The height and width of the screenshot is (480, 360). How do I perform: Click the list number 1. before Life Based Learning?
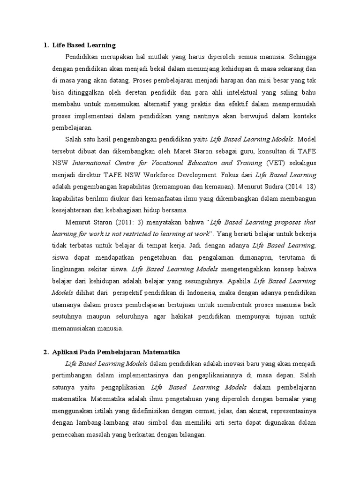tap(45, 45)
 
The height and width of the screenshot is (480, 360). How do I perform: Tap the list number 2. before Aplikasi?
tap(45, 352)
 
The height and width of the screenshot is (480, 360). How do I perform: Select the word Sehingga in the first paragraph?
tap(302, 57)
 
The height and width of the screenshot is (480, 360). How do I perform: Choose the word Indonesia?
tap(197, 293)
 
